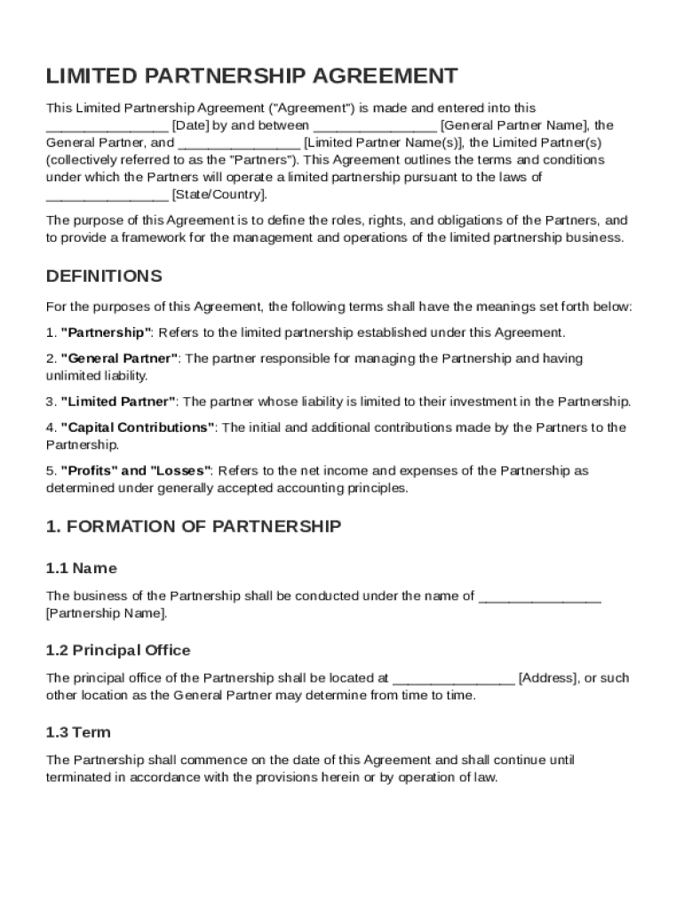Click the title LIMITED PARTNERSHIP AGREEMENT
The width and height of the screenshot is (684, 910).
[x=252, y=76]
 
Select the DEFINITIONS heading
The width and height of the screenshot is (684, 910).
[x=104, y=275]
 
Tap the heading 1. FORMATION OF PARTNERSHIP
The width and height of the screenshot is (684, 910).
[x=193, y=526]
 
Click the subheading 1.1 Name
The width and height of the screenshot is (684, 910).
[x=81, y=568]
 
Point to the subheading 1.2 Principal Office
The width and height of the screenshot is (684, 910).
[x=118, y=651]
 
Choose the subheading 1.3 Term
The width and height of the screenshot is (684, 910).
[x=78, y=732]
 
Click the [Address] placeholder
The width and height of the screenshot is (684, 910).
[x=547, y=678]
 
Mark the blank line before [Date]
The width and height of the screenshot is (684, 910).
[x=107, y=125]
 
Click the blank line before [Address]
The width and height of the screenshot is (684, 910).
[x=453, y=678]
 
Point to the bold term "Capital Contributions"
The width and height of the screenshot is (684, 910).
[x=138, y=427]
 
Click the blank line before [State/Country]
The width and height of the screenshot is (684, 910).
[x=107, y=194]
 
